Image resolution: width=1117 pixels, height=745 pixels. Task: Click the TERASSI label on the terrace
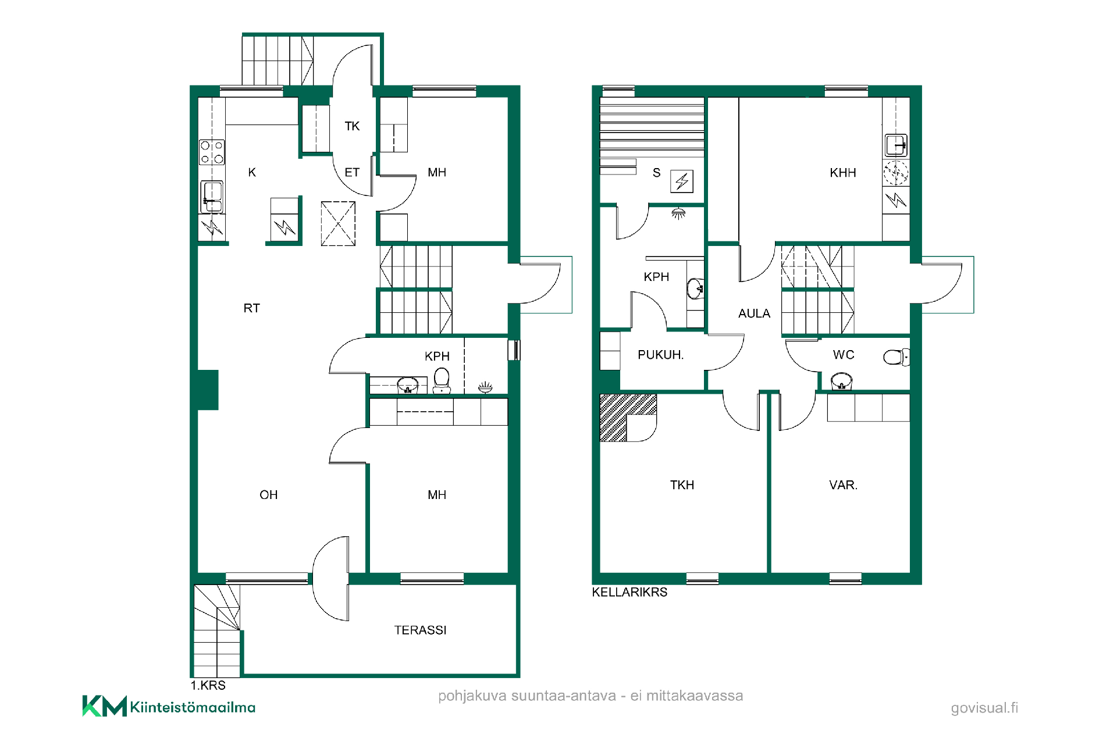(420, 630)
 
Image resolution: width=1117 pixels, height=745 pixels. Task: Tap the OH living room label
(268, 495)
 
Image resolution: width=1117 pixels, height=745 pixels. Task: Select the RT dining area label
(251, 308)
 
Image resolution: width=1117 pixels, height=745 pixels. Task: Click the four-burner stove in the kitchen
(212, 152)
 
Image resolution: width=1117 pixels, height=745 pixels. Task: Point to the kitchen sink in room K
(212, 197)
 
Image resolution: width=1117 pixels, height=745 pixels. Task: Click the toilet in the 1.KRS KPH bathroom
(442, 380)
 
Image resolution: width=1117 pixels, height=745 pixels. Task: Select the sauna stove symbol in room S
(682, 181)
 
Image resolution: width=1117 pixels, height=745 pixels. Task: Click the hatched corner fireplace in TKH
(628, 418)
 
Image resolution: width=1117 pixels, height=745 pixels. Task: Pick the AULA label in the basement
(754, 313)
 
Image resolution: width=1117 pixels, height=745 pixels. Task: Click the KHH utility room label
(842, 173)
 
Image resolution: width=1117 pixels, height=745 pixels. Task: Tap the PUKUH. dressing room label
(660, 355)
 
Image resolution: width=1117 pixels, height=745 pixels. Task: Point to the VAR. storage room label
(843, 485)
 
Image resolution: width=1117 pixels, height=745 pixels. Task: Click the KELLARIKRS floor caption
(629, 592)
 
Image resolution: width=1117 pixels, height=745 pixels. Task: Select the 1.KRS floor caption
(208, 685)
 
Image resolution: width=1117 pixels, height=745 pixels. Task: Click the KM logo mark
(105, 706)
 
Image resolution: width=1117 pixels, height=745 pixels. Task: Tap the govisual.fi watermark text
(984, 708)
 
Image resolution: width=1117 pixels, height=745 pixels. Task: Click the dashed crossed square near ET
(338, 224)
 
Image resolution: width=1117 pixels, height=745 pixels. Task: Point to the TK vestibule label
(352, 126)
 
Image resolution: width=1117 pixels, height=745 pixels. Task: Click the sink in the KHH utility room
(896, 145)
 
